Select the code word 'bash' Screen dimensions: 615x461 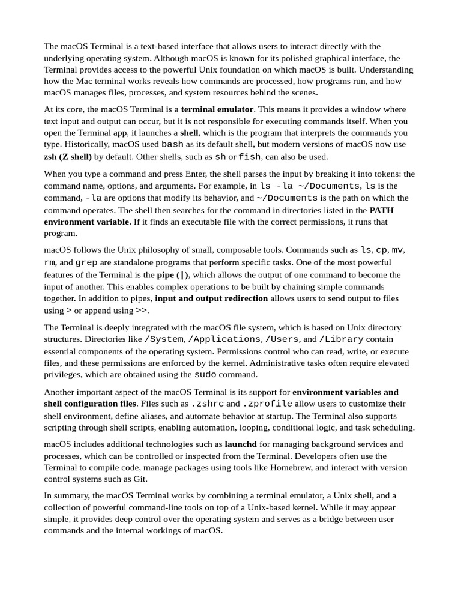pyautogui.click(x=173, y=144)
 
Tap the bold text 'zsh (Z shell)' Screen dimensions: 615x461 pyautogui.click(x=68, y=157)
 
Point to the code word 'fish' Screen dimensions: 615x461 pyautogui.click(x=250, y=157)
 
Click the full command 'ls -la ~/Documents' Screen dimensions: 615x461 pyautogui.click(x=310, y=186)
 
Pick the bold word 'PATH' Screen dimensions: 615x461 pyautogui.click(x=382, y=210)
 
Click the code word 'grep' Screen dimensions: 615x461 pyautogui.click(x=86, y=262)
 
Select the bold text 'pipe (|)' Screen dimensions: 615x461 pyautogui.click(x=173, y=274)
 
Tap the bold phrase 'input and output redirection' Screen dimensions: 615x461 pyautogui.click(x=211, y=298)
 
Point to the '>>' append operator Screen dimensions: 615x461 pyautogui.click(x=141, y=311)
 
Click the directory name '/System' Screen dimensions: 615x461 pyautogui.click(x=164, y=339)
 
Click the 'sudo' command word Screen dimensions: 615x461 pyautogui.click(x=205, y=375)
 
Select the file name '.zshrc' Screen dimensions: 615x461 pyautogui.click(x=207, y=404)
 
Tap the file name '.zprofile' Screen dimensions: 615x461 pyautogui.click(x=267, y=404)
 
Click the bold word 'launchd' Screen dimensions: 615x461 pyautogui.click(x=241, y=444)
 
